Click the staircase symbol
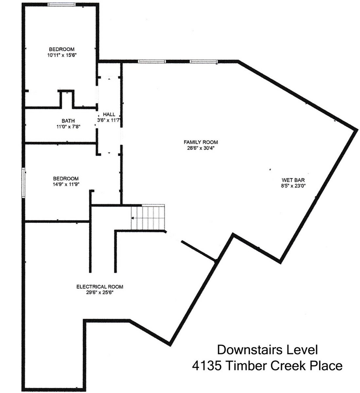pyautogui.click(x=148, y=217)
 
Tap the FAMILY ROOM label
pyautogui.click(x=201, y=142)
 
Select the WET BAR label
pyautogui.click(x=293, y=180)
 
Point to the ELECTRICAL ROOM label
pyautogui.click(x=99, y=287)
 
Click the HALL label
pyautogui.click(x=109, y=114)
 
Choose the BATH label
pyautogui.click(x=68, y=121)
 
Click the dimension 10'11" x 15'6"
pyautogui.click(x=62, y=55)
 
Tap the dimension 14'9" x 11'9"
pyautogui.click(x=65, y=184)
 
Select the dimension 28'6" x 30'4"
pyautogui.click(x=201, y=148)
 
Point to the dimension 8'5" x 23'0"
pyautogui.click(x=293, y=186)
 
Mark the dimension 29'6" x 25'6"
pyautogui.click(x=99, y=293)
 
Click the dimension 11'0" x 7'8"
pyautogui.click(x=68, y=127)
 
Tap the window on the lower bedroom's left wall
pyautogui.click(x=23, y=183)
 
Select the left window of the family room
pyautogui.click(x=152, y=62)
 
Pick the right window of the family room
pyautogui.click(x=204, y=62)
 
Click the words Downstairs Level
pyautogui.click(x=267, y=350)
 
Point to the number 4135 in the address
pyautogui.click(x=207, y=365)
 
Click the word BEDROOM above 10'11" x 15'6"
pyautogui.click(x=62, y=49)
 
